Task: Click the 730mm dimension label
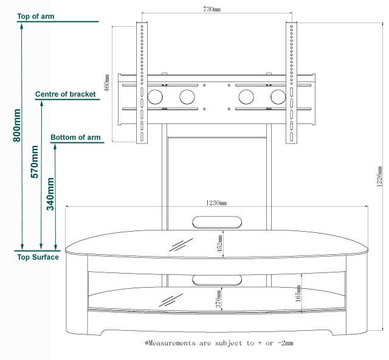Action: [x=212, y=10]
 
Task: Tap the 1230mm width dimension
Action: [x=216, y=202]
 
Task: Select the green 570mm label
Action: [x=35, y=162]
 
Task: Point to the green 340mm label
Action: [x=51, y=193]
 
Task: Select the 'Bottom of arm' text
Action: [x=76, y=137]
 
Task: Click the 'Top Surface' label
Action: [x=38, y=257]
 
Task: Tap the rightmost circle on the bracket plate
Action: [x=278, y=97]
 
